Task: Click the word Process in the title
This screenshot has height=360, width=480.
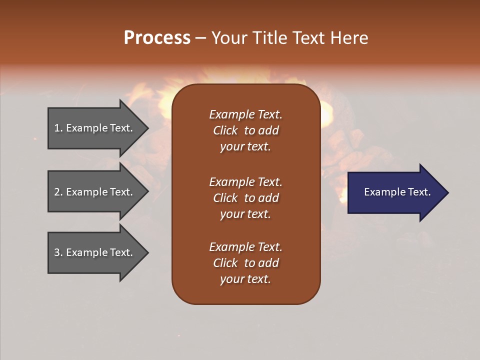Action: pos(157,38)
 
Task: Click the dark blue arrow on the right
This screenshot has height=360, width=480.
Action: pos(395,192)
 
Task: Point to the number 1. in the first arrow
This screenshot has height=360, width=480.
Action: pos(58,128)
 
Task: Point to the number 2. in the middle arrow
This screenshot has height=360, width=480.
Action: pos(58,192)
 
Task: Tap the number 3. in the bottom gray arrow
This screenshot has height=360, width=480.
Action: pos(58,252)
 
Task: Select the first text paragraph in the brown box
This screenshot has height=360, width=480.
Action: pos(245,130)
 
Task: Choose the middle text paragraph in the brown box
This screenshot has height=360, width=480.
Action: pos(245,197)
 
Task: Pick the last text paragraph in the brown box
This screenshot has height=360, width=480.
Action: pos(245,263)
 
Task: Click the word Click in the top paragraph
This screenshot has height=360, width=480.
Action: pos(225,130)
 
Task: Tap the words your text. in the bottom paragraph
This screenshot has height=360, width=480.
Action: pos(245,279)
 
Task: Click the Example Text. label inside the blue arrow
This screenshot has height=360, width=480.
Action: pos(397,192)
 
